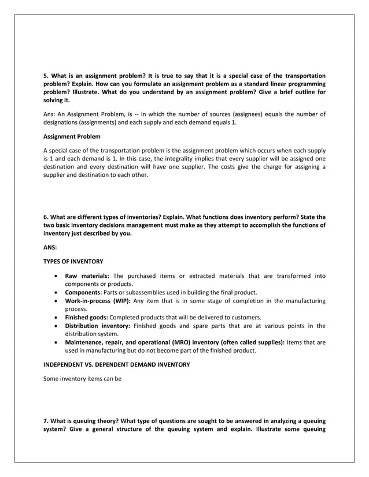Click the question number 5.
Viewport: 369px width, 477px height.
tap(46, 76)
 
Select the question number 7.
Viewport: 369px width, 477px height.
tap(46, 420)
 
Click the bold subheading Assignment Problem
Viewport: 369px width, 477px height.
tap(72, 137)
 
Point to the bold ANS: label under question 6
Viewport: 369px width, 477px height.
tap(50, 247)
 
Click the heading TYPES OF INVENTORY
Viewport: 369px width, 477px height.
tap(73, 262)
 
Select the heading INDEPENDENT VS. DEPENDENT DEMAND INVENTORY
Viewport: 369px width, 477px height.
tap(117, 364)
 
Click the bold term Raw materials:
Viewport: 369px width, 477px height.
tap(87, 276)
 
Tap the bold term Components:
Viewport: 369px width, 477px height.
tap(84, 292)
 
